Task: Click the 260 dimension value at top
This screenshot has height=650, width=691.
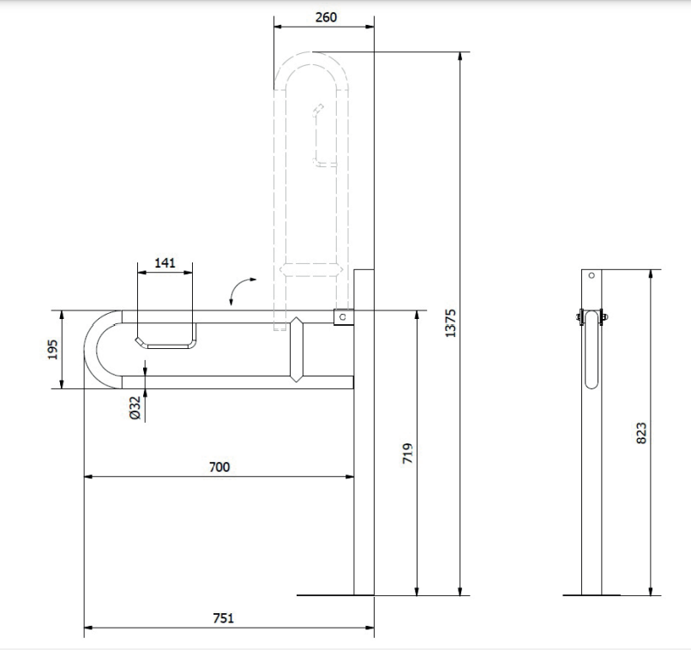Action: click(x=326, y=17)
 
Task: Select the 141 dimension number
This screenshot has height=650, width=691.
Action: click(x=165, y=262)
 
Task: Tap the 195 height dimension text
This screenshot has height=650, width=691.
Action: click(x=53, y=350)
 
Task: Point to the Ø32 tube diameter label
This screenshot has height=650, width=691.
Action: click(x=135, y=407)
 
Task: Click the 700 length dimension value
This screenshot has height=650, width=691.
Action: click(x=219, y=466)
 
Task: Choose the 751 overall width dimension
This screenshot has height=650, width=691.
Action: click(x=224, y=617)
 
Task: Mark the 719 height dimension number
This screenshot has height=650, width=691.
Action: click(x=407, y=453)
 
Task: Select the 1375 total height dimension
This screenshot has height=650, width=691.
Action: click(x=450, y=323)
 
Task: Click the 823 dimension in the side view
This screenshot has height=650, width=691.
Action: click(x=641, y=433)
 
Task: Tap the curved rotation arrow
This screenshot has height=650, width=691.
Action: click(x=237, y=287)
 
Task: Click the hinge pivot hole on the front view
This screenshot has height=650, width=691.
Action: click(x=343, y=316)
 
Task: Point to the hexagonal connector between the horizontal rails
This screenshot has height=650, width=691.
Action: click(x=297, y=350)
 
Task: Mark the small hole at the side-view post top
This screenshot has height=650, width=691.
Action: click(x=592, y=275)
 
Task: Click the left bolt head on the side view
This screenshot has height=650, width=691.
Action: click(x=579, y=316)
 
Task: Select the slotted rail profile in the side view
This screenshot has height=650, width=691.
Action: click(x=592, y=350)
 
